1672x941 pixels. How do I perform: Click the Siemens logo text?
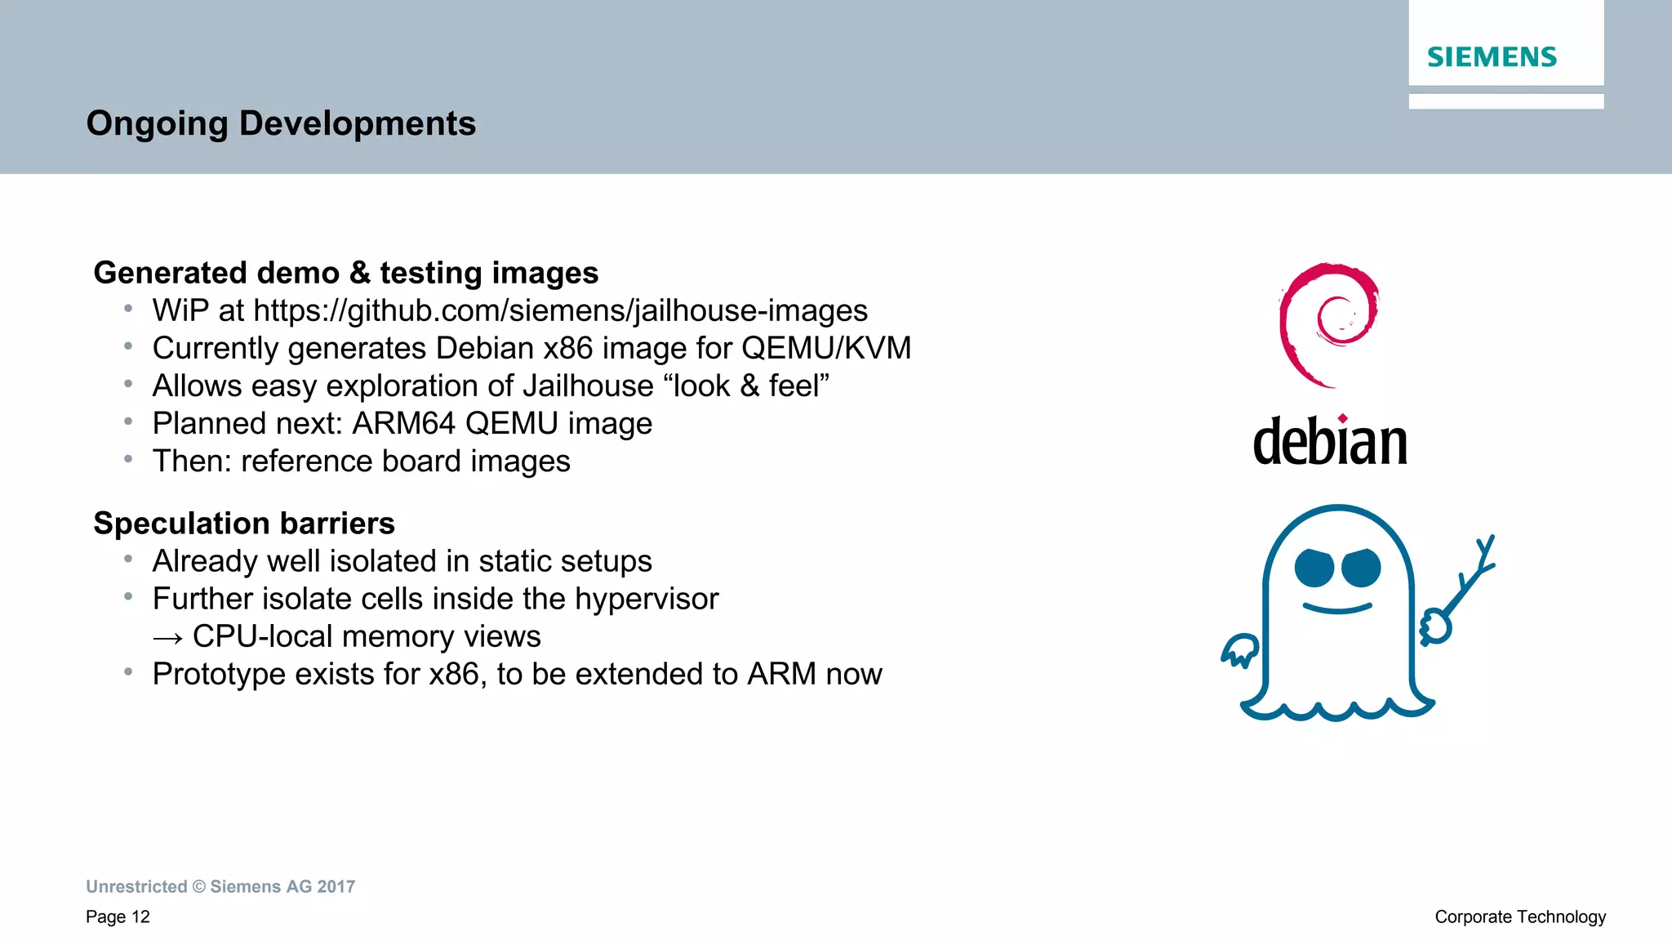click(1492, 57)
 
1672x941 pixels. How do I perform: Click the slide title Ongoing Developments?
click(281, 123)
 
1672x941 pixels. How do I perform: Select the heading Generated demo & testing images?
click(345, 273)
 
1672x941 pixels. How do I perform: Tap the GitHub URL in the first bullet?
click(560, 311)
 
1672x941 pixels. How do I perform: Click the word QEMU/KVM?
click(825, 349)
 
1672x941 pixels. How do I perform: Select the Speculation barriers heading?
click(244, 524)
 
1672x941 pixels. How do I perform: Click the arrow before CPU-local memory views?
click(167, 638)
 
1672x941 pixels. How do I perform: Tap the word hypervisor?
click(647, 600)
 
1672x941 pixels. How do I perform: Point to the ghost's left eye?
click(1314, 569)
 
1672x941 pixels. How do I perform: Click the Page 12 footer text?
click(118, 917)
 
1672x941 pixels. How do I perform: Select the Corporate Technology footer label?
click(1520, 917)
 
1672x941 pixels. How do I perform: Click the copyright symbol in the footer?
click(199, 887)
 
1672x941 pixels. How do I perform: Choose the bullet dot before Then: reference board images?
click(128, 460)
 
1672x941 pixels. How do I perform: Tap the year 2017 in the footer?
click(336, 887)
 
